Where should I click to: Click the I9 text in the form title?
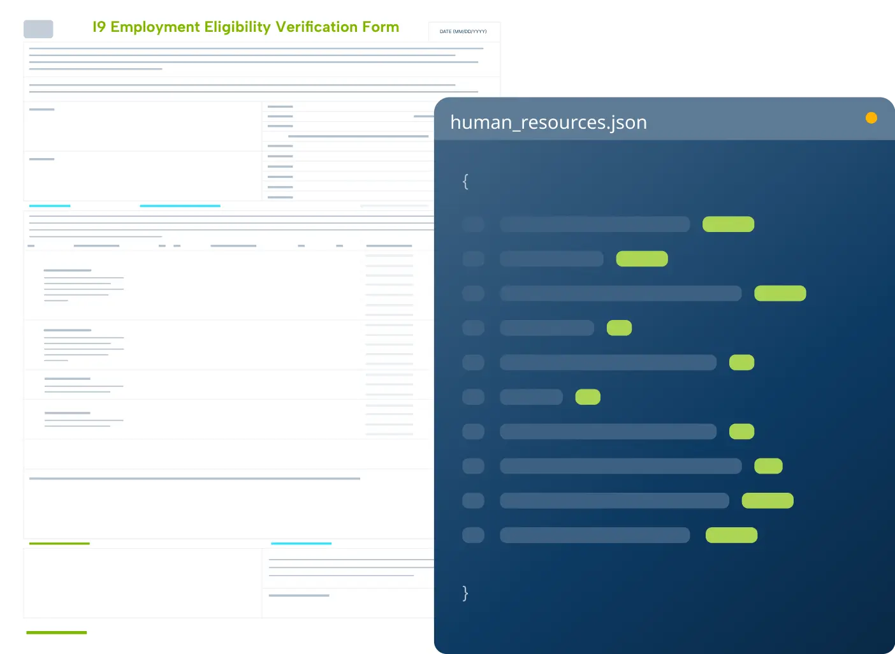coord(99,27)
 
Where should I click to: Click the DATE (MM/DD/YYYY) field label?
coord(463,31)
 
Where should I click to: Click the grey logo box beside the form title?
coord(38,29)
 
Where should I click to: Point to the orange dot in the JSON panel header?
coord(871,118)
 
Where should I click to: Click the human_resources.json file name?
coord(548,122)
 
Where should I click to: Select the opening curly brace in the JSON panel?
coord(465,182)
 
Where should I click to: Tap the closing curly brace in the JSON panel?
coord(465,593)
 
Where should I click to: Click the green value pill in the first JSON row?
coord(728,224)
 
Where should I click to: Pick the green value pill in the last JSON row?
coord(731,535)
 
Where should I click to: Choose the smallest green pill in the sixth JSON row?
coord(588,397)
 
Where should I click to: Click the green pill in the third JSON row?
coord(780,293)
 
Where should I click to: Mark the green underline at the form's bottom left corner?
coord(56,632)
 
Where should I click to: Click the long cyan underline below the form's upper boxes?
coord(180,206)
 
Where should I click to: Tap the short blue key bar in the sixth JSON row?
coord(531,397)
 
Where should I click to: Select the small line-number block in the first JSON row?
coord(473,224)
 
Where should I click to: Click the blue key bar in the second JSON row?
coord(551,259)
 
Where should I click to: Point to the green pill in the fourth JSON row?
coord(619,328)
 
